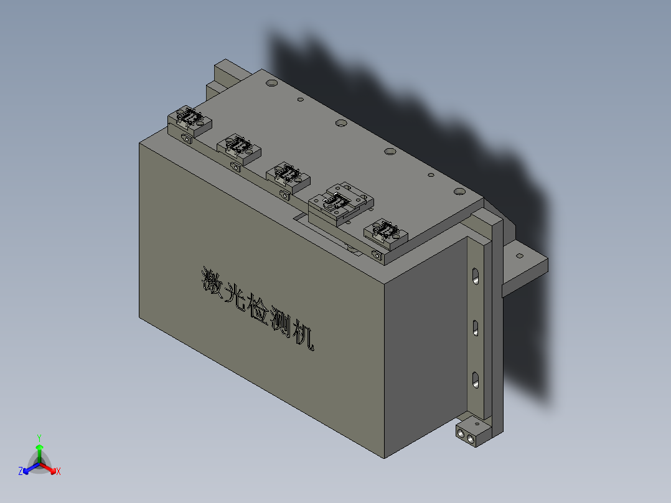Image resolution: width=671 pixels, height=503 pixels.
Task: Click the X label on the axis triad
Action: (x=59, y=472)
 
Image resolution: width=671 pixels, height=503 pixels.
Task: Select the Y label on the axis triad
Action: (x=39, y=437)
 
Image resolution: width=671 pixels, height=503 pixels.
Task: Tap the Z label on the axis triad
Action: (x=21, y=472)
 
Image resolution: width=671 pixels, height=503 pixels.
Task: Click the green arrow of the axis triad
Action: (x=39, y=449)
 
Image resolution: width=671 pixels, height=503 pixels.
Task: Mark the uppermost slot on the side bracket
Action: (x=476, y=276)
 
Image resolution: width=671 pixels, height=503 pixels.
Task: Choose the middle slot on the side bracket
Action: (x=476, y=327)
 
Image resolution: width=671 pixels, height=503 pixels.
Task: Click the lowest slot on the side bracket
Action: (x=476, y=379)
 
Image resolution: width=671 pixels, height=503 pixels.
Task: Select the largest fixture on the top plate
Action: (x=340, y=203)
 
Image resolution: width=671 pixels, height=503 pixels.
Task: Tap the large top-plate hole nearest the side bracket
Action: (x=459, y=191)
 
